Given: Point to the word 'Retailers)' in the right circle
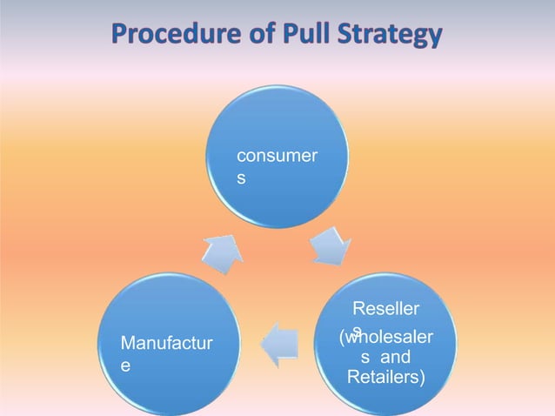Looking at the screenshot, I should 385,377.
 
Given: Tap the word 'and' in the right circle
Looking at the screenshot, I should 396,357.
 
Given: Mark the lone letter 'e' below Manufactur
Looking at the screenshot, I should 126,368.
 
